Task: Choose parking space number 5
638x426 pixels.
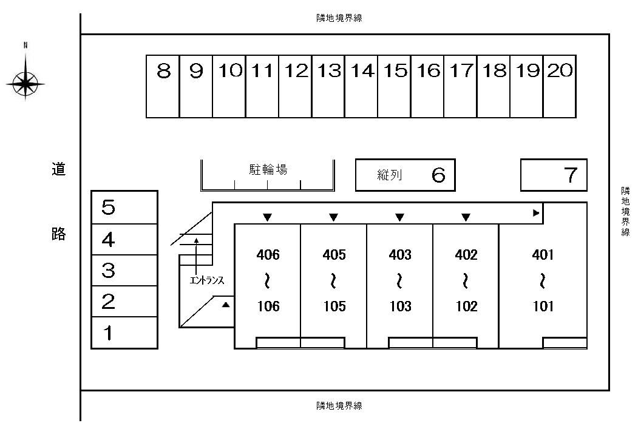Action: tap(108, 208)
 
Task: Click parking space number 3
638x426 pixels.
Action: tap(108, 271)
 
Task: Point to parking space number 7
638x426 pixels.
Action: tap(570, 175)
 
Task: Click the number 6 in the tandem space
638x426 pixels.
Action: tap(438, 175)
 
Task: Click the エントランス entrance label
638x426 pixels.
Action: tap(207, 280)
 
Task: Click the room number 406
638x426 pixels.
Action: tap(268, 255)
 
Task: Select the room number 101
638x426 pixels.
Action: tap(543, 306)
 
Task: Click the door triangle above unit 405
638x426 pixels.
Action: tap(333, 217)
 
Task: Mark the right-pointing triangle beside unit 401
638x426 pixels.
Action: tap(535, 213)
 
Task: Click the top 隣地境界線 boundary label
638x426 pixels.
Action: tap(339, 18)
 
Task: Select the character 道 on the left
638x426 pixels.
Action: tap(58, 169)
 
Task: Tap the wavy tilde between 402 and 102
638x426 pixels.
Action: tap(466, 281)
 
